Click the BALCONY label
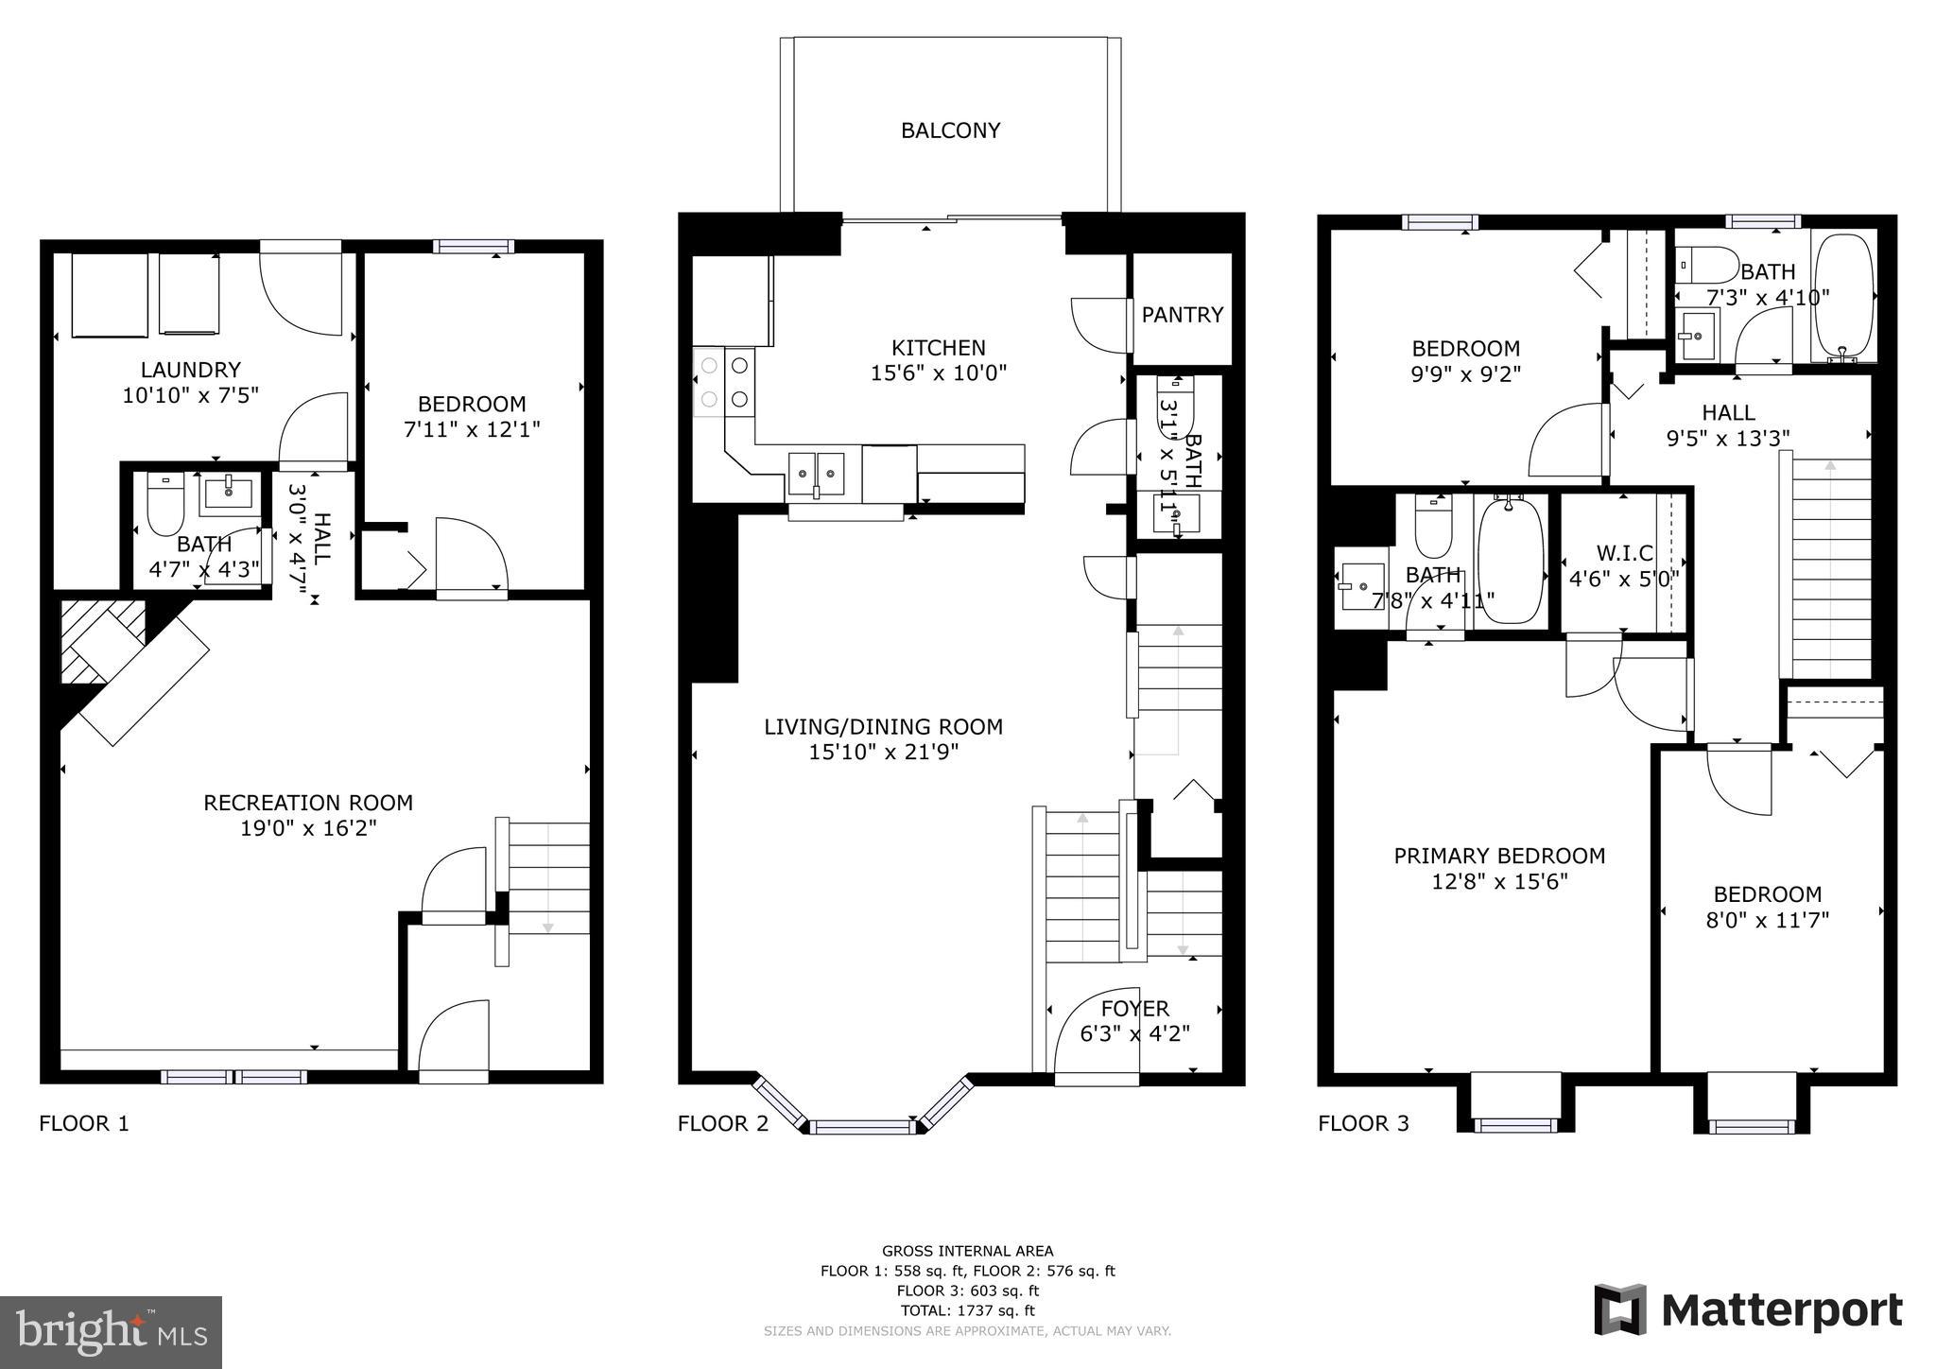950,130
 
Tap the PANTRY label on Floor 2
1182,315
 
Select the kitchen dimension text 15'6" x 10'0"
938,373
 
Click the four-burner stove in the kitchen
723,382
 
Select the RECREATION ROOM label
308,803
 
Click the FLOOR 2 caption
723,1123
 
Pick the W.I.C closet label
1624,553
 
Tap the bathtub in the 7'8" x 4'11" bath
1510,562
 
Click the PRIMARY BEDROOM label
1499,856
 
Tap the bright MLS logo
111,1332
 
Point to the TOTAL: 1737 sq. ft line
967,1310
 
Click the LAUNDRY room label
190,370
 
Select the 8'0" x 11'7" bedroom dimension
1767,920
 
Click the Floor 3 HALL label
1728,412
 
